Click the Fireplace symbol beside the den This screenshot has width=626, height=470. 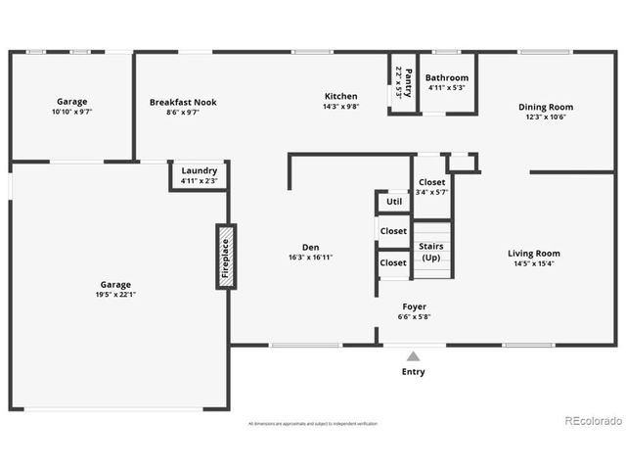pos(226,257)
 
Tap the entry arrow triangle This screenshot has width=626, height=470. pos(414,356)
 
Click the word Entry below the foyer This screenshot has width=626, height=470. pos(414,372)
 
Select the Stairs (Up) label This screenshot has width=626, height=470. pos(430,252)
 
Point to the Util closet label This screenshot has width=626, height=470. pos(394,202)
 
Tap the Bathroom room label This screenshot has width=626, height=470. pos(448,77)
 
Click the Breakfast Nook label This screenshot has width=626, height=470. pos(183,102)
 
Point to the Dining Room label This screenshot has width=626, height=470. pos(546,107)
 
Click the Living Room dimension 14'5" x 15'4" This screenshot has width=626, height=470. pos(534,263)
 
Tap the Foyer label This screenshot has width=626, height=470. pos(415,306)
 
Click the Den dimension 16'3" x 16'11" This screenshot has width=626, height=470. pos(310,258)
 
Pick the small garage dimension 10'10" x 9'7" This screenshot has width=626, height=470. pos(71,112)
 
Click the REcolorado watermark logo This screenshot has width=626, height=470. pos(593,421)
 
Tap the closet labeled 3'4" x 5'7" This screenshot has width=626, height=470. pos(431,192)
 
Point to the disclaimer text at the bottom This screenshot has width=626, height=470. pos(313,423)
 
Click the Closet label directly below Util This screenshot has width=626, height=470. pos(394,232)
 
